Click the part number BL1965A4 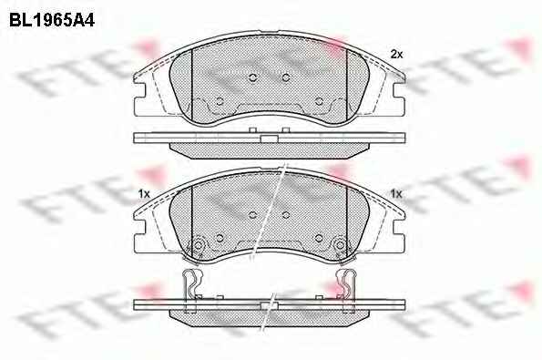[x=52, y=20]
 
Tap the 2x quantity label [x=396, y=55]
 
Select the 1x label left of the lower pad [x=144, y=194]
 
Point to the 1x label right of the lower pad [x=396, y=194]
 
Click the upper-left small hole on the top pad [x=252, y=77]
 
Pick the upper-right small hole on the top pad [x=285, y=77]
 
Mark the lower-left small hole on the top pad [x=220, y=101]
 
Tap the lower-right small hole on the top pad [x=319, y=101]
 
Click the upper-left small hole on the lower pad [x=252, y=215]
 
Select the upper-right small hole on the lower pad [x=285, y=215]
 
